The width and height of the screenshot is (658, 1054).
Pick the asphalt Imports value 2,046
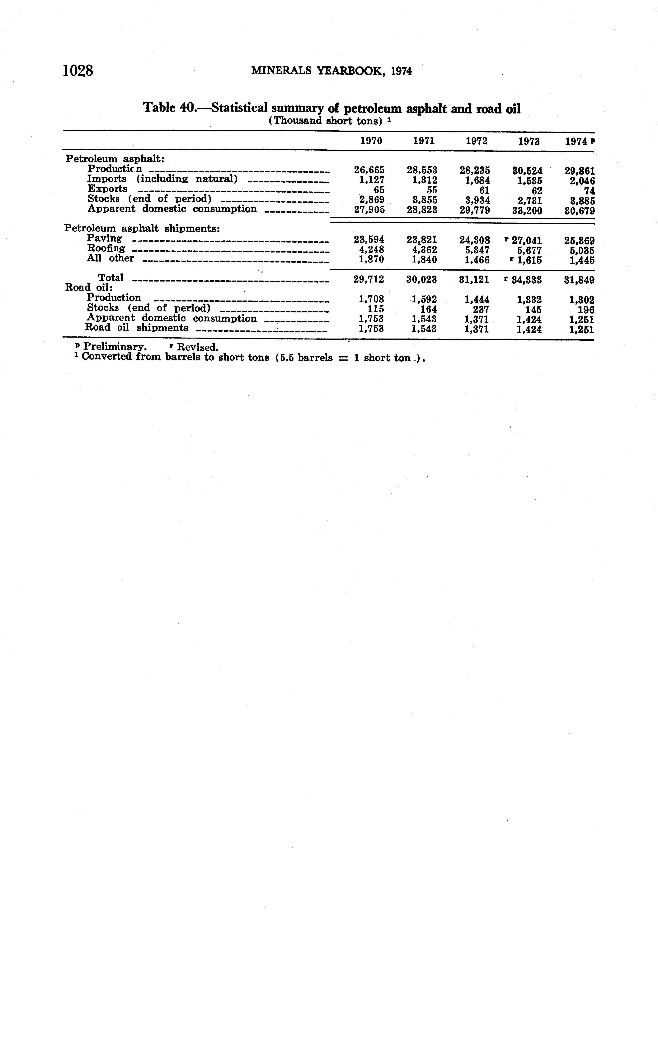[582, 181]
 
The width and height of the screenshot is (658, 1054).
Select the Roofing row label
[106, 248]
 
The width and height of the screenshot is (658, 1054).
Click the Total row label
[110, 277]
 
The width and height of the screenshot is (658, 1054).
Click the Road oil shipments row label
[137, 328]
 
